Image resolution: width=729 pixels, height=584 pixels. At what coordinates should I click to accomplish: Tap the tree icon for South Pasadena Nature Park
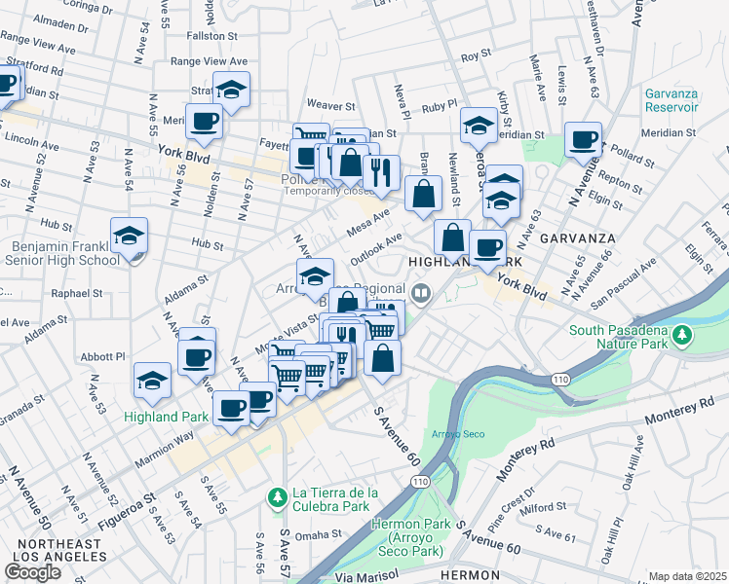click(x=683, y=336)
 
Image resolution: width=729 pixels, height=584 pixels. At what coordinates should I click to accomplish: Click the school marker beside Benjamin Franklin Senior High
click(x=129, y=237)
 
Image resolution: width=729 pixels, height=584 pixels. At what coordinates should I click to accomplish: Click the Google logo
click(x=32, y=572)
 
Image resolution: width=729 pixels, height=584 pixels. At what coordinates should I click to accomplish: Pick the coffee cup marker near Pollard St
click(x=583, y=139)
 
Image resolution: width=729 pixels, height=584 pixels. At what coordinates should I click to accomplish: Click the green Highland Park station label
click(x=167, y=417)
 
